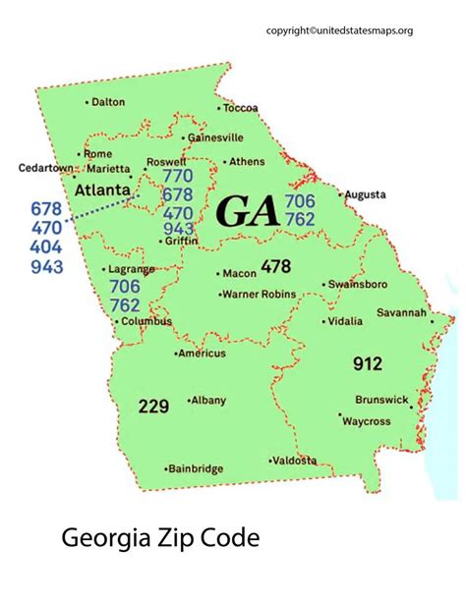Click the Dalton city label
pyautogui.click(x=108, y=102)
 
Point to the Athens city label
pyautogui.click(x=247, y=161)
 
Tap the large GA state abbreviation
pyautogui.click(x=247, y=211)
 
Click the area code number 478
pyautogui.click(x=276, y=266)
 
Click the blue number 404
pyautogui.click(x=46, y=247)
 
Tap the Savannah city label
pyautogui.click(x=401, y=313)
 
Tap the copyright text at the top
pyautogui.click(x=353, y=30)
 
